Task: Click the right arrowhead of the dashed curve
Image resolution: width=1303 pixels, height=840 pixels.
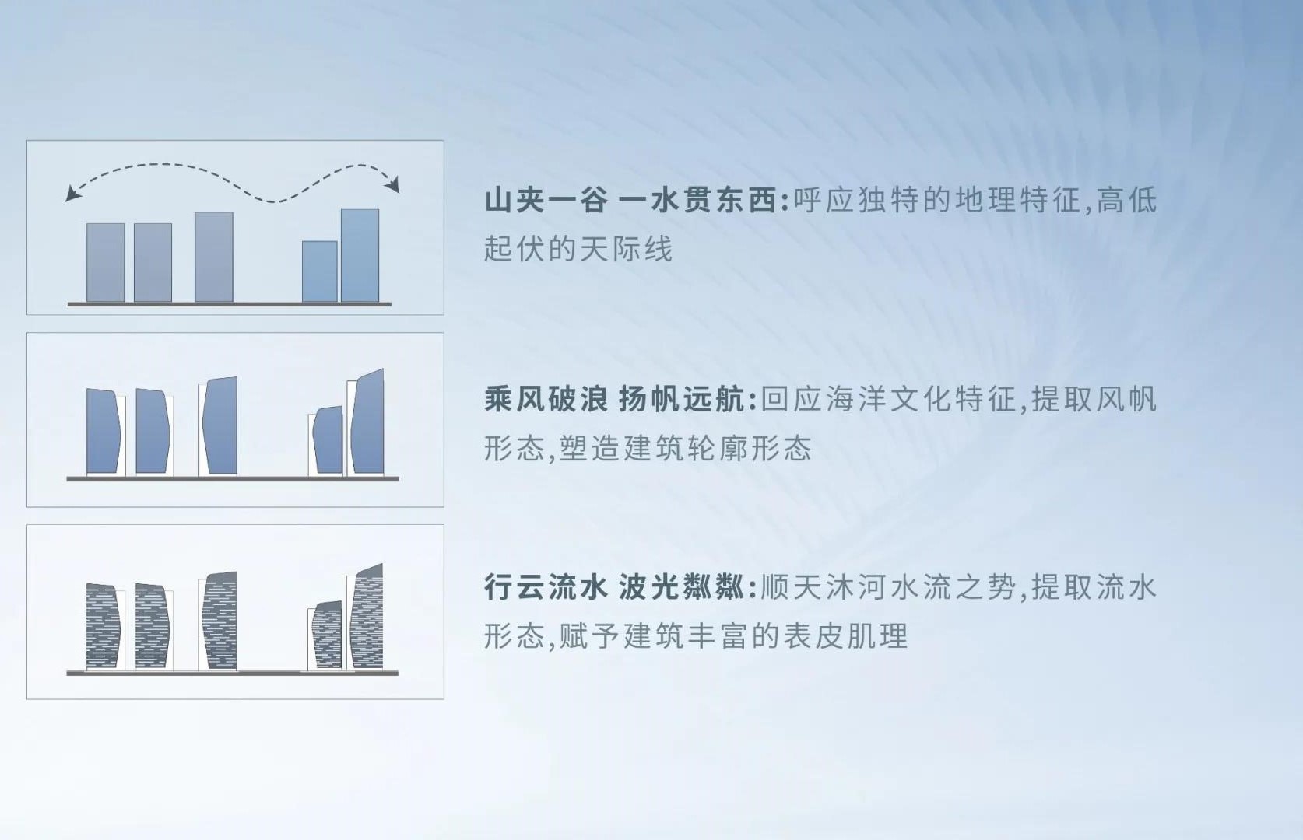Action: point(395,185)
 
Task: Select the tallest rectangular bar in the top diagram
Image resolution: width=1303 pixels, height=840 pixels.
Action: point(360,256)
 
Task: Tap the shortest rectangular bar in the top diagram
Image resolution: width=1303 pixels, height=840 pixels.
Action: point(319,271)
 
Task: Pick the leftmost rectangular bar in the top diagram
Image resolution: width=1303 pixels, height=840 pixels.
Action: point(105,263)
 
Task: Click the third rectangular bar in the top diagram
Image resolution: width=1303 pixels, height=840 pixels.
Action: point(214,257)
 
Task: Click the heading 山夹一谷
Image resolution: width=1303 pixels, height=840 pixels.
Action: point(546,201)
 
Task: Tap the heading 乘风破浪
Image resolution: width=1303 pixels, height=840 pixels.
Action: point(546,400)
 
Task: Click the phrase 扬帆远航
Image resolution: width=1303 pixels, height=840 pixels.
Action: point(682,400)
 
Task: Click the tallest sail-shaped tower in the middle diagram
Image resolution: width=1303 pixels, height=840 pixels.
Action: point(368,422)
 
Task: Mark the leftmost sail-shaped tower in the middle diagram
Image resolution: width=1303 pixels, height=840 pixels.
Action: point(104,432)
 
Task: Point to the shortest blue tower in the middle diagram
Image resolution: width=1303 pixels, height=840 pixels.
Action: point(328,441)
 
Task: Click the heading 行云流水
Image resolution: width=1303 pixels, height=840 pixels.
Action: point(546,588)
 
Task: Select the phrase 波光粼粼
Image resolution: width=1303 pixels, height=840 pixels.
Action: point(682,588)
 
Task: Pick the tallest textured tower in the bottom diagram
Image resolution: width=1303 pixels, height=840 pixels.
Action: point(367,617)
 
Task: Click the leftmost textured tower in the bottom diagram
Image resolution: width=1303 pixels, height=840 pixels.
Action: point(103,627)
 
